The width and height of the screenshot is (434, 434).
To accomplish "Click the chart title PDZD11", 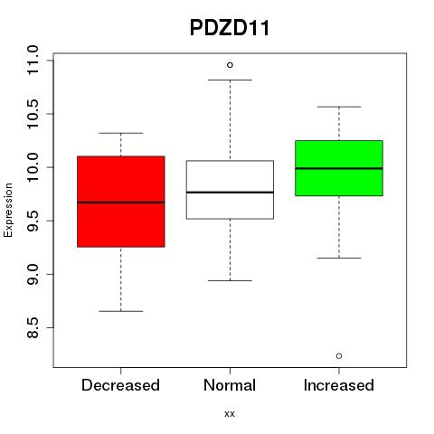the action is pos(230,28).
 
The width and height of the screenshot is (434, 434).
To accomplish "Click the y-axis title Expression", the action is pos(8,210).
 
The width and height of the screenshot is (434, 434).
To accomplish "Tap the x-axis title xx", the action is pos(230,413).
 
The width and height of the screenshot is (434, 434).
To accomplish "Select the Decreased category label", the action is pos(120,385).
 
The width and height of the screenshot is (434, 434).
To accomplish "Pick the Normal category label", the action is pos(230,385).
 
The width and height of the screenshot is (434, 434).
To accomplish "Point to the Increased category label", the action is pos(339,385).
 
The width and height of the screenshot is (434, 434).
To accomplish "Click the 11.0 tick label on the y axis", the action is pos(33,61).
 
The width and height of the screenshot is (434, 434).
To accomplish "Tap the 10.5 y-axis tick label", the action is pos(33,114).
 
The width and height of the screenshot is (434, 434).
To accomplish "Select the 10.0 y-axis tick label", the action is pos(33,167).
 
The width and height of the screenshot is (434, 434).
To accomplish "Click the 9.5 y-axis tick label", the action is pos(33,221).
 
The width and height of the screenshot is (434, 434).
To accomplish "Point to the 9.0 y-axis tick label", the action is pos(33,274).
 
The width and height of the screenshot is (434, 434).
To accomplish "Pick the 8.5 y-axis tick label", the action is pos(33,327).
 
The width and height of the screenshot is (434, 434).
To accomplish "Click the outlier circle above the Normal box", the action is pos(230,65).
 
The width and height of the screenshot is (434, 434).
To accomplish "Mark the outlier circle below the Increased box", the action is pos(339,356).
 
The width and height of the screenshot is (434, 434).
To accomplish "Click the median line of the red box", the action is pos(121,203).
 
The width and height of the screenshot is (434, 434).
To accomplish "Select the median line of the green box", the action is pos(339,168).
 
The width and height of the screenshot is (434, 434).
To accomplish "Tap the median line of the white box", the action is pos(230,192).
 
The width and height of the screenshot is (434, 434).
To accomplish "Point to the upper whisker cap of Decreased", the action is pos(121,133).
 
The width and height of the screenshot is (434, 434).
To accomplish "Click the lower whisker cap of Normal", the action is pos(230,280).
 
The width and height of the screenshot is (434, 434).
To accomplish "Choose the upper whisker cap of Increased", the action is pos(339,107).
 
